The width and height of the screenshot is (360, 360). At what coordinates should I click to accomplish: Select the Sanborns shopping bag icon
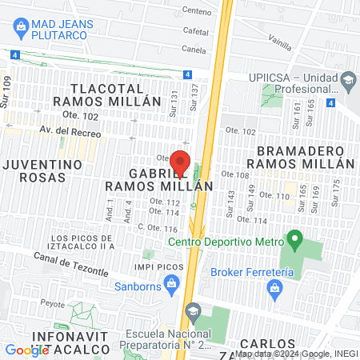tap(171, 282)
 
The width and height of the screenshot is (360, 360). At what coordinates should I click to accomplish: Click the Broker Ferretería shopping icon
tap(276, 286)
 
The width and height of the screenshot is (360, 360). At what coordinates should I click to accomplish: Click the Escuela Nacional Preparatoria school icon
tap(192, 310)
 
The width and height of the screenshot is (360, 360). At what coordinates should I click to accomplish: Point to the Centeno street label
tap(197, 11)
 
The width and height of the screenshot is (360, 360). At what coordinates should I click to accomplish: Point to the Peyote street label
tap(52, 305)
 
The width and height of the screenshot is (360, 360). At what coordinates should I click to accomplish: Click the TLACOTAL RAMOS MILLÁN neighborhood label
tap(117, 94)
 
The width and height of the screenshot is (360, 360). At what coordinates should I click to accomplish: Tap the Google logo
tap(26, 350)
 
